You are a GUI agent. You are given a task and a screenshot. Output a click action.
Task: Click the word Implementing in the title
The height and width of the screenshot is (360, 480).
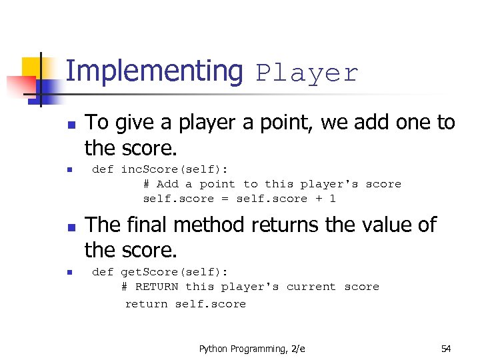155,72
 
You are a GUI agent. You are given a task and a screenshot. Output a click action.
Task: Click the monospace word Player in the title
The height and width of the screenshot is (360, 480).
307,73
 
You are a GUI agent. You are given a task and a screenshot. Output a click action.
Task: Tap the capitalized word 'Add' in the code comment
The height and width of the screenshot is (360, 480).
167,184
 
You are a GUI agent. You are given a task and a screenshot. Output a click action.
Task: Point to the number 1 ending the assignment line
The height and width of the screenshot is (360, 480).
332,199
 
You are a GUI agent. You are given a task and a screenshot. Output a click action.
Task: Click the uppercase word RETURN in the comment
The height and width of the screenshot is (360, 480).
157,287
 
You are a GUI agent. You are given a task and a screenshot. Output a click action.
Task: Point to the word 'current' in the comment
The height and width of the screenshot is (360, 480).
311,287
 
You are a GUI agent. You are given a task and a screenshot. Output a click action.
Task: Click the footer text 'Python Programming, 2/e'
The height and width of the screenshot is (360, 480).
252,349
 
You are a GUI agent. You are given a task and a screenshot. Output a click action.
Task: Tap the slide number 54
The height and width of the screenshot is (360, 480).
446,349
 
